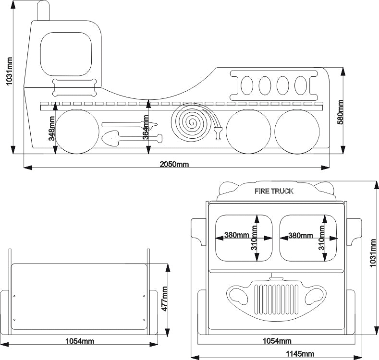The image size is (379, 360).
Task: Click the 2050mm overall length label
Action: tap(174, 164)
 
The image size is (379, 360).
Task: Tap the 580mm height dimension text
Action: tap(341, 112)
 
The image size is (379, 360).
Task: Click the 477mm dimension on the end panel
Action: tap(164, 299)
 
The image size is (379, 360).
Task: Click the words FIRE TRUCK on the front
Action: tap(274, 191)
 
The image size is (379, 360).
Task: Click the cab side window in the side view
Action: tap(65, 54)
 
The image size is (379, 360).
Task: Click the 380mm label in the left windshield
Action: tap(237, 236)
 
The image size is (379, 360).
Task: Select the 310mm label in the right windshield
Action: tap(322, 238)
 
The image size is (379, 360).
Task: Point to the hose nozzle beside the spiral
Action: tap(218, 132)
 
